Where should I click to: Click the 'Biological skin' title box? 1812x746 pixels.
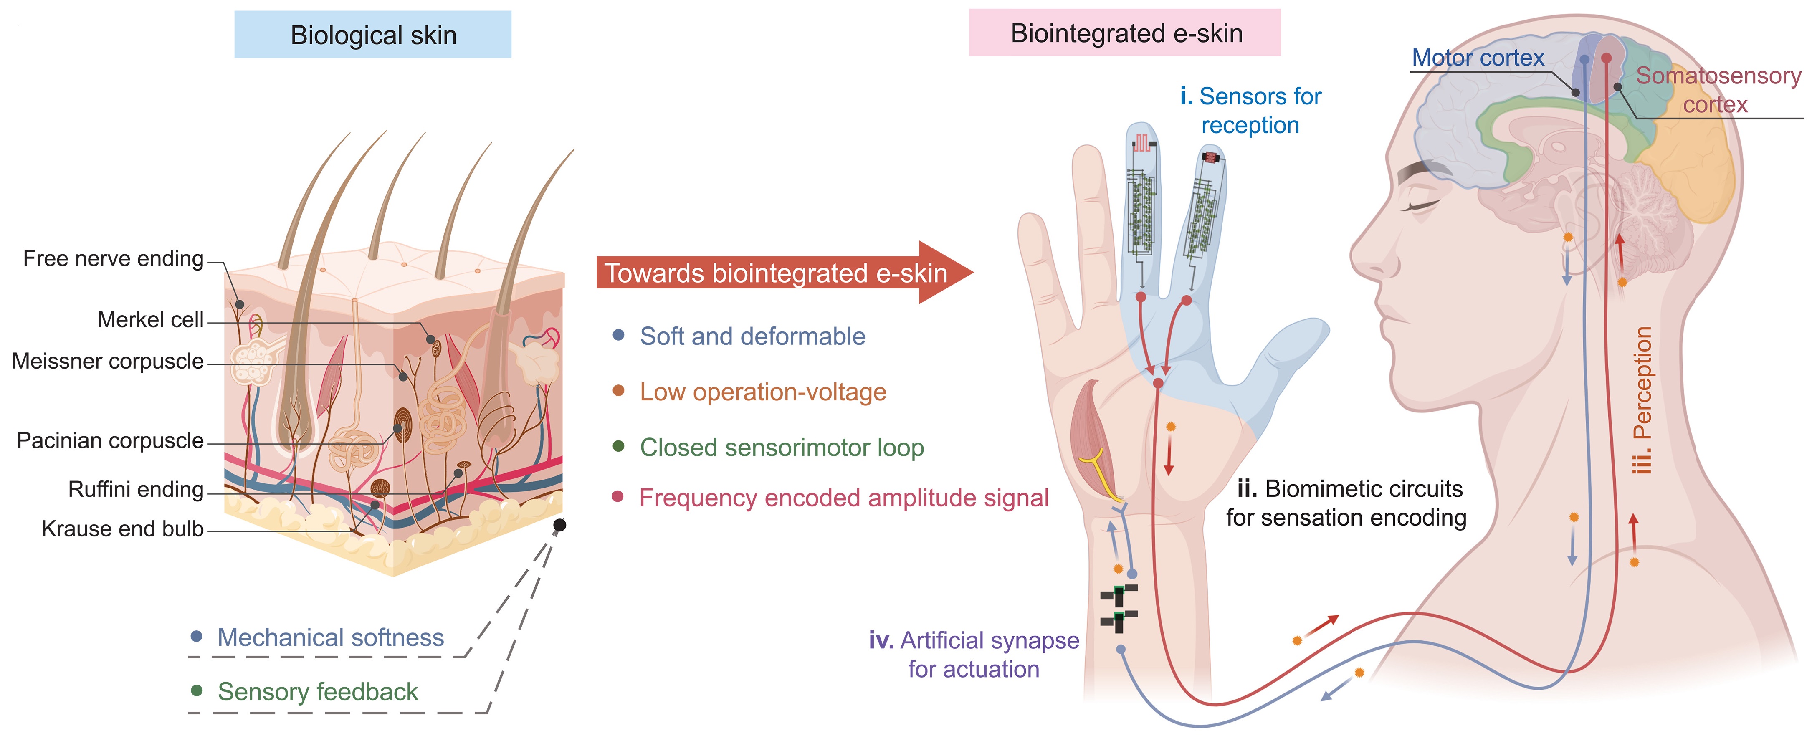[373, 35]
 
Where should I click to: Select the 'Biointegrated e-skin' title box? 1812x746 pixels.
[1125, 33]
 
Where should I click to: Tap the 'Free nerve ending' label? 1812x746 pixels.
[113, 259]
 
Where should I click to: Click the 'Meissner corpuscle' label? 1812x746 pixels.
[108, 362]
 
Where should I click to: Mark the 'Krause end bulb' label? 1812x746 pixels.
[122, 529]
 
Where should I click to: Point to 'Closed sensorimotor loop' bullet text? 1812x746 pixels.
[782, 448]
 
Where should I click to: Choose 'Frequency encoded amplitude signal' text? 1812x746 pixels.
[843, 498]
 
